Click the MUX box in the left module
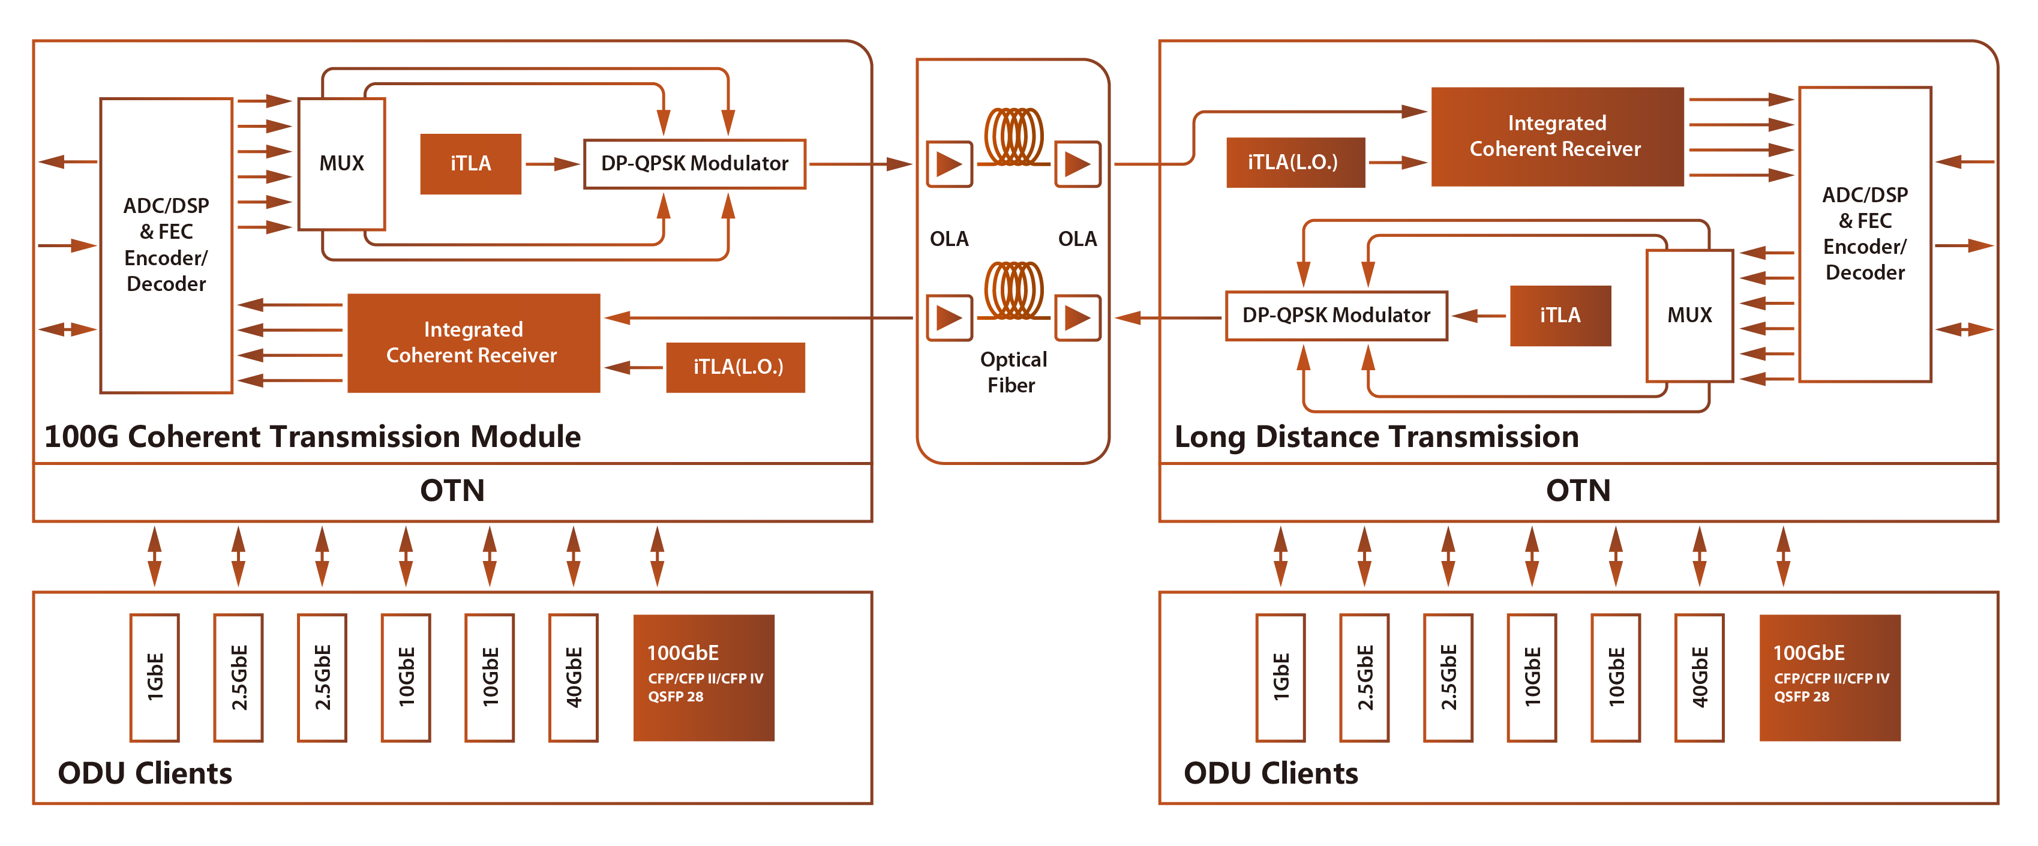point(341,164)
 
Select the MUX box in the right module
point(1689,315)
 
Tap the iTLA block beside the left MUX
point(471,164)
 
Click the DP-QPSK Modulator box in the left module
point(695,164)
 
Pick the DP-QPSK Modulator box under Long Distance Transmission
point(1336,315)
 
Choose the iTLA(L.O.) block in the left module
point(736,367)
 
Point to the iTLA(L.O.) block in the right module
point(1295,162)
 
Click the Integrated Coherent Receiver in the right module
point(1557,136)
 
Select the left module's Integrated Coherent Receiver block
point(473,343)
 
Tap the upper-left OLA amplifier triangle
point(949,164)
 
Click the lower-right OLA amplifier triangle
point(1077,318)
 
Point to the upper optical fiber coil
point(1013,136)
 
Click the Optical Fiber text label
point(1013,372)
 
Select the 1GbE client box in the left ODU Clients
point(155,677)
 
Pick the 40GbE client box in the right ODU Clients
point(1700,677)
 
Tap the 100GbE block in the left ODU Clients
point(704,677)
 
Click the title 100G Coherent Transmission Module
point(313,437)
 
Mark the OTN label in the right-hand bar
point(1578,491)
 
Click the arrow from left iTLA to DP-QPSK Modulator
point(552,164)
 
